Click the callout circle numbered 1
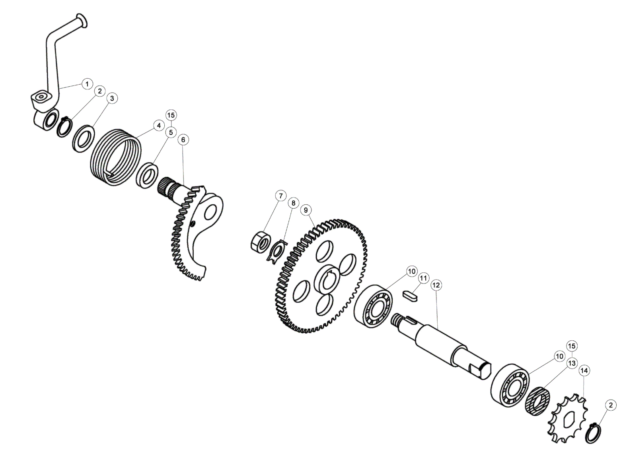point(87,83)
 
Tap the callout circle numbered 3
point(112,98)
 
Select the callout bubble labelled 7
point(281,196)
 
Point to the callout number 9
point(306,210)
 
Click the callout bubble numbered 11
point(423,278)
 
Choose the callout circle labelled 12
point(436,285)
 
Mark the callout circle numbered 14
point(584,371)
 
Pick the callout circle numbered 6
point(183,140)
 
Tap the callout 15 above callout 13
point(572,346)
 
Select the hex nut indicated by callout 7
point(260,242)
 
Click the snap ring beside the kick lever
point(64,127)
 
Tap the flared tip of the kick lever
point(82,21)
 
